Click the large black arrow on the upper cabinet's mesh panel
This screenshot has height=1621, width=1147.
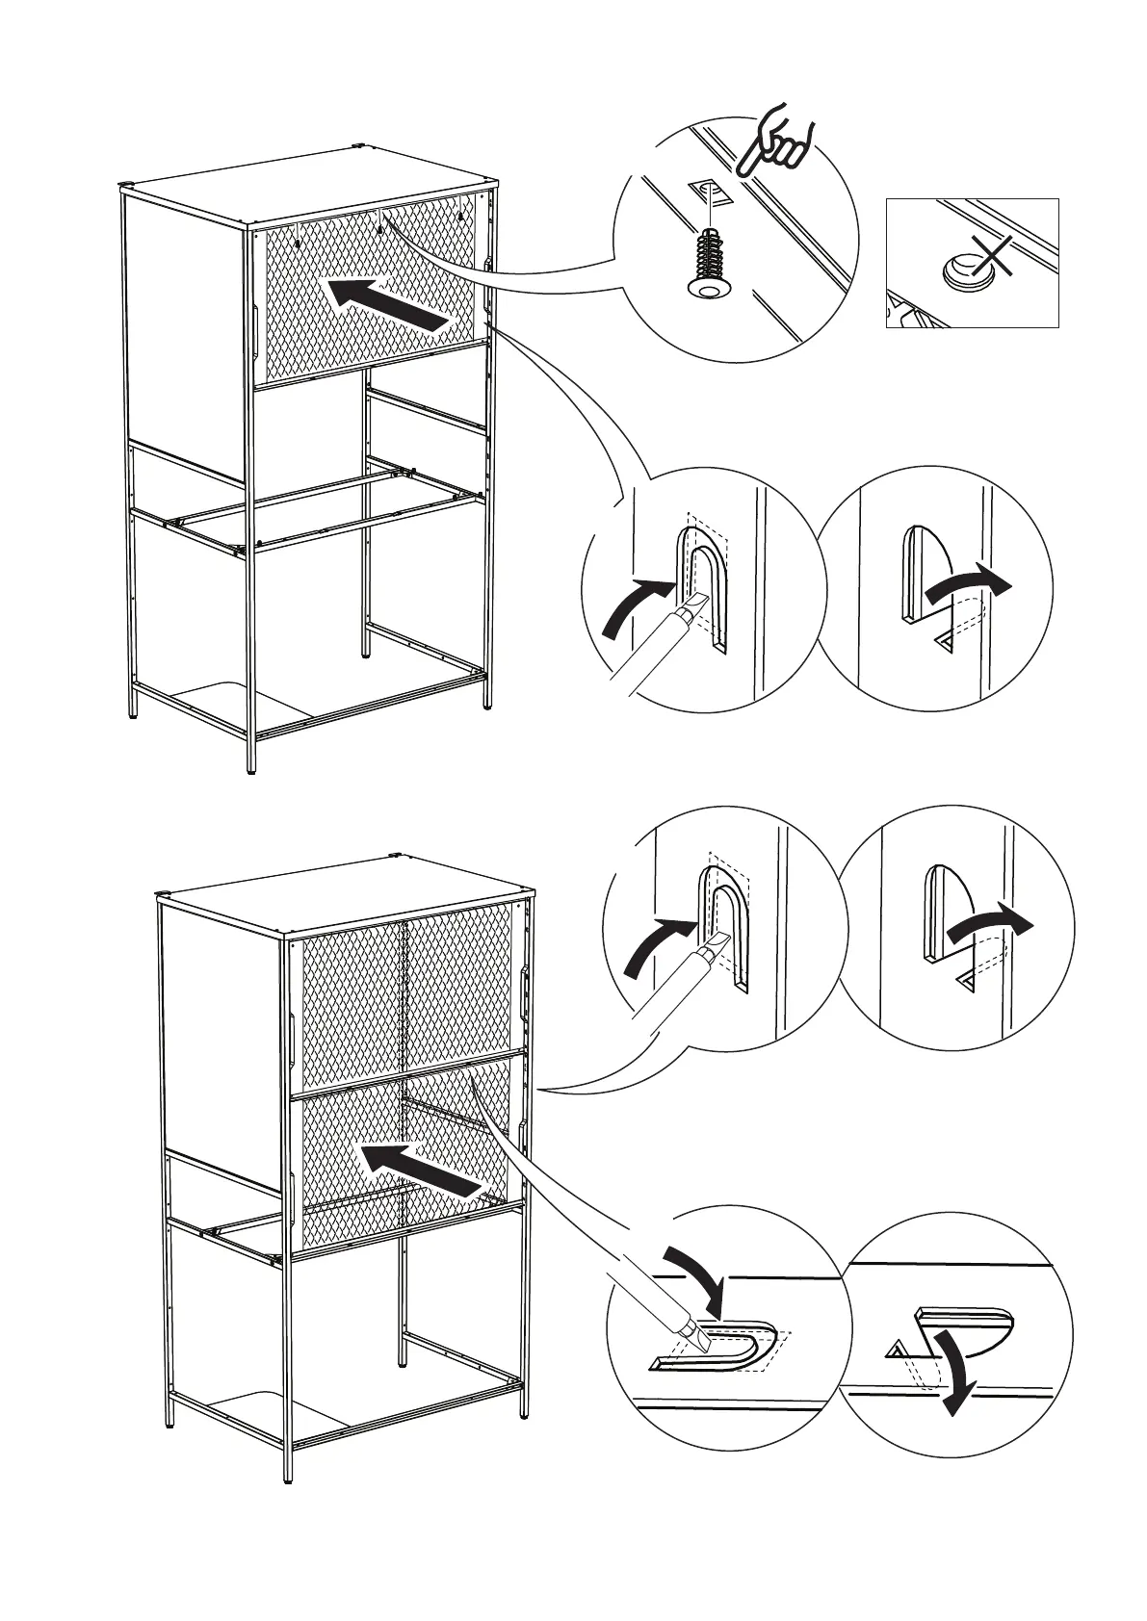coord(388,304)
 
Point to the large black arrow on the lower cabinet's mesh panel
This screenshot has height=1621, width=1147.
coord(420,1170)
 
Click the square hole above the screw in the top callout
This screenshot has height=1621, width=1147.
coord(711,192)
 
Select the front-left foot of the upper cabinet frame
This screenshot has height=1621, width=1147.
coord(252,767)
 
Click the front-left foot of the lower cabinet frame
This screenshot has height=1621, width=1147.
coord(286,1504)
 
